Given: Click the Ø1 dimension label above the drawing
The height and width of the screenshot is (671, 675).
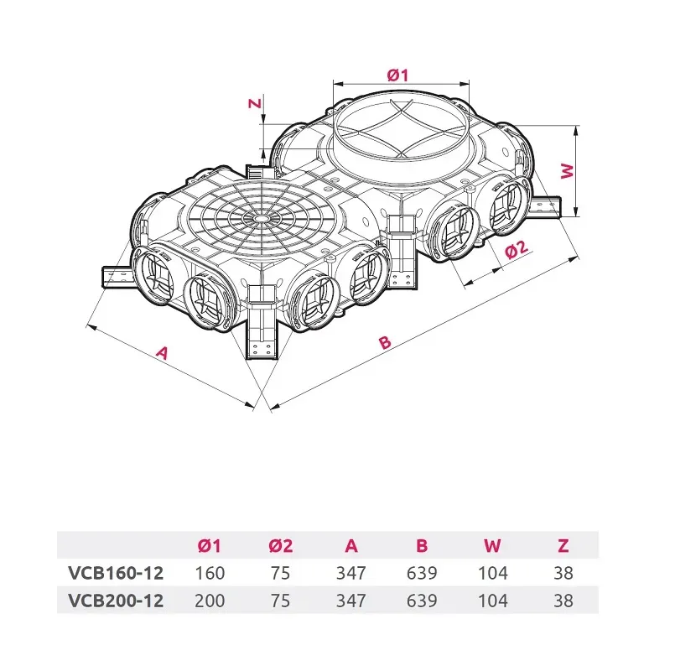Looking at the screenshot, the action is (397, 75).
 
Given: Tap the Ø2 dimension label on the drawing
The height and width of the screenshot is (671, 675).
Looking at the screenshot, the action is (517, 249).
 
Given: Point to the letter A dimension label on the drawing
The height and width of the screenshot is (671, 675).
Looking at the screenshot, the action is (162, 352).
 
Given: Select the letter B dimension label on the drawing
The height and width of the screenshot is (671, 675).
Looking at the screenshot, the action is (385, 342).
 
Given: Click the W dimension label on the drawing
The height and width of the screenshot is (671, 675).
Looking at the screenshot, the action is (568, 171).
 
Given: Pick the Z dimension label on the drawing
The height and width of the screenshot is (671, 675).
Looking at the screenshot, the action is (256, 103).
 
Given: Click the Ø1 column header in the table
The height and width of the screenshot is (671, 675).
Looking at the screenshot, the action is (210, 546).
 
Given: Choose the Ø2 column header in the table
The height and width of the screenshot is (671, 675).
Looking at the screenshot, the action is (281, 546).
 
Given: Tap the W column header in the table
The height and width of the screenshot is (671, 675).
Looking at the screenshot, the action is (492, 546).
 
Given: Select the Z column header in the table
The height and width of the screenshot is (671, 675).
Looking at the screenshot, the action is (563, 546).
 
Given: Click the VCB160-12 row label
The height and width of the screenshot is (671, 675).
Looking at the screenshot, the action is (116, 573).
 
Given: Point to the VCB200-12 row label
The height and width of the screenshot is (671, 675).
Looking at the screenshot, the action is (116, 601).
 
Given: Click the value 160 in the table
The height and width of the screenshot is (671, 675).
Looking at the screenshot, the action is (210, 573).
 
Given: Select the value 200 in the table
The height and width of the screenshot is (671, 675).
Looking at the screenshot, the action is (210, 601).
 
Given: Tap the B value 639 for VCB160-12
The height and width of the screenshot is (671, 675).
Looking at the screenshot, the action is (422, 573).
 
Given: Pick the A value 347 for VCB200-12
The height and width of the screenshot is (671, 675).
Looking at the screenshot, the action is (351, 601).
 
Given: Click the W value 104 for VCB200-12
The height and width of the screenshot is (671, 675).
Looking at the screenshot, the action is (493, 601).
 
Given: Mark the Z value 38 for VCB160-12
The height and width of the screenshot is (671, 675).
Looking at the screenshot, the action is (563, 573).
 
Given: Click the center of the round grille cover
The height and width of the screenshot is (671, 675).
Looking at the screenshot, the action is (260, 218).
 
